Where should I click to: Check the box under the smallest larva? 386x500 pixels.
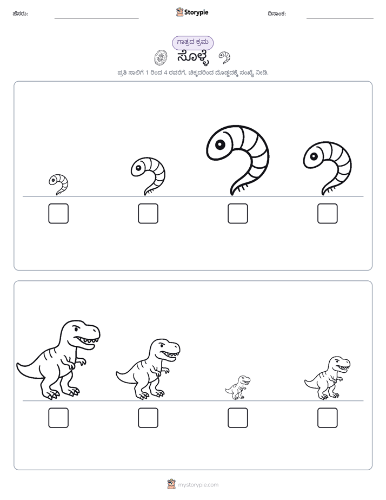click(x=58, y=213)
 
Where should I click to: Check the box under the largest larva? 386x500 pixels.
click(x=237, y=213)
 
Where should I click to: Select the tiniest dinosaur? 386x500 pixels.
click(x=237, y=387)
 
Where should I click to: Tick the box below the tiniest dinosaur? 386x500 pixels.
click(x=237, y=418)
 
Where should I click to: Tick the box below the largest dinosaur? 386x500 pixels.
click(x=58, y=418)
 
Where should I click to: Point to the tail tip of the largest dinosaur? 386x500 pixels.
click(x=17, y=364)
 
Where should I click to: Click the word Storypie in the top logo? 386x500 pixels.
click(x=196, y=12)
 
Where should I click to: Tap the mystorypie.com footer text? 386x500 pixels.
click(x=198, y=485)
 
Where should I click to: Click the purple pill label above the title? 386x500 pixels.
click(x=192, y=43)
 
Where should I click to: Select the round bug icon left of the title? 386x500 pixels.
click(x=161, y=58)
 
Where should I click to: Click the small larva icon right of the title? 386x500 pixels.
click(x=224, y=57)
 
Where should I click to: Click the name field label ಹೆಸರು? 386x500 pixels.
click(x=20, y=14)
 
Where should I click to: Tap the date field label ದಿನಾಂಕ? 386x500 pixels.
click(x=277, y=14)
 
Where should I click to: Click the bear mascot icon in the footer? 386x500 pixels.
click(x=171, y=484)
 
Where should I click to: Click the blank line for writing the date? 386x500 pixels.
click(x=340, y=18)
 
